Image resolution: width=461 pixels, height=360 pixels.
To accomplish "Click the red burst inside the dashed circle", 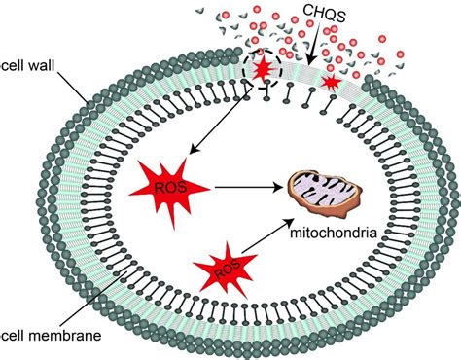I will pyautogui.click(x=262, y=71).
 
